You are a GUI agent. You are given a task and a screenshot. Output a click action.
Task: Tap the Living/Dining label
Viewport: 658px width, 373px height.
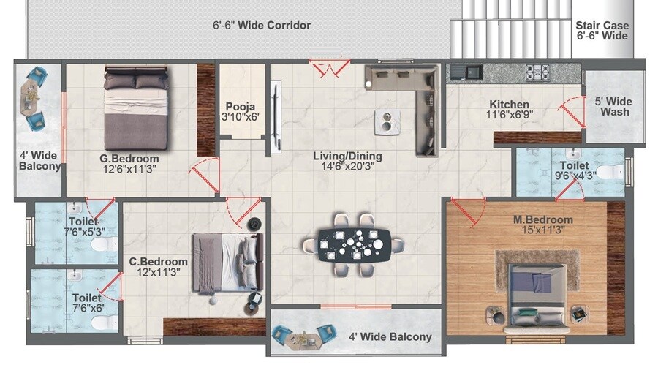(347, 157)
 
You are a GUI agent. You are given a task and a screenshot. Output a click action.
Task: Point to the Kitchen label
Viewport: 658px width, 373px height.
(509, 105)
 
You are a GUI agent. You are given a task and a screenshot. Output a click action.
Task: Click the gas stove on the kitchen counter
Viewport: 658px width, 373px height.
(539, 72)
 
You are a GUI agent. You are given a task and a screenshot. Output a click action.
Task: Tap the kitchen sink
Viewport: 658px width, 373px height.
(466, 72)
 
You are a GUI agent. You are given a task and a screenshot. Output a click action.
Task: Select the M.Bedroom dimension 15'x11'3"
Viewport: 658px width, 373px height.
(542, 231)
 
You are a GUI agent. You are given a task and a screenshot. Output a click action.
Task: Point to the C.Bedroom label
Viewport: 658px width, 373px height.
(159, 261)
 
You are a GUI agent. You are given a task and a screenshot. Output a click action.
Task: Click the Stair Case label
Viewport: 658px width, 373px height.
(602, 25)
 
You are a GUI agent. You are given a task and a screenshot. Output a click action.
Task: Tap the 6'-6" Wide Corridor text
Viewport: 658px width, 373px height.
(262, 26)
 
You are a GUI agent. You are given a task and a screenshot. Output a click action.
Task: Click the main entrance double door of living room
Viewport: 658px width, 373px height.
(330, 68)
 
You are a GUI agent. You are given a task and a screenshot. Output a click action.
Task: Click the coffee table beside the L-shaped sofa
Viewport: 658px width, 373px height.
(387, 121)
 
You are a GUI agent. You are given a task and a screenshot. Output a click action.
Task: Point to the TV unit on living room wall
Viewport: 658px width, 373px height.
(275, 118)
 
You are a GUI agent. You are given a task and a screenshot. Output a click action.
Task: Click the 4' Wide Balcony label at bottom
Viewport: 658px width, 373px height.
(390, 337)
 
